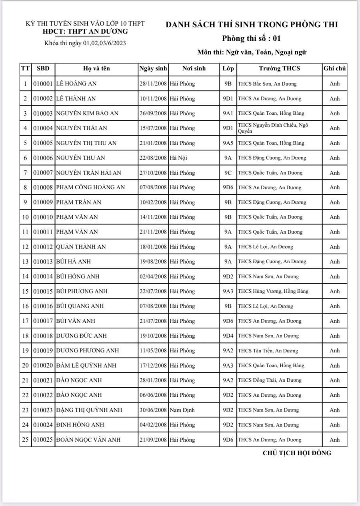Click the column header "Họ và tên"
click(96, 68)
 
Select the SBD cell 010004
click(43, 128)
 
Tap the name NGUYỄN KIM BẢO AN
click(87, 113)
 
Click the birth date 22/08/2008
click(153, 158)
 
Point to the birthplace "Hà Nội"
click(178, 158)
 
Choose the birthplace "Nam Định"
click(182, 410)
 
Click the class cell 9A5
click(228, 143)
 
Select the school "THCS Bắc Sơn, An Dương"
click(267, 84)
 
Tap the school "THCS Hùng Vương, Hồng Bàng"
click(273, 291)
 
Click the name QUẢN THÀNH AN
click(81, 247)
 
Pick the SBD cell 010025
click(43, 440)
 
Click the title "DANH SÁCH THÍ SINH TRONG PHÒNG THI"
click(252, 24)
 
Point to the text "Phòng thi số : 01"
click(252, 39)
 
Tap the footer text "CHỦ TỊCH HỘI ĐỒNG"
click(297, 453)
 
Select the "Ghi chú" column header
click(334, 68)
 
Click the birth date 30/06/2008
click(153, 410)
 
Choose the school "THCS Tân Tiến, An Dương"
click(268, 351)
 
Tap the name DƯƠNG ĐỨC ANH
click(82, 336)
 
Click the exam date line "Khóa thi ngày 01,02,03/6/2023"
click(85, 43)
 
